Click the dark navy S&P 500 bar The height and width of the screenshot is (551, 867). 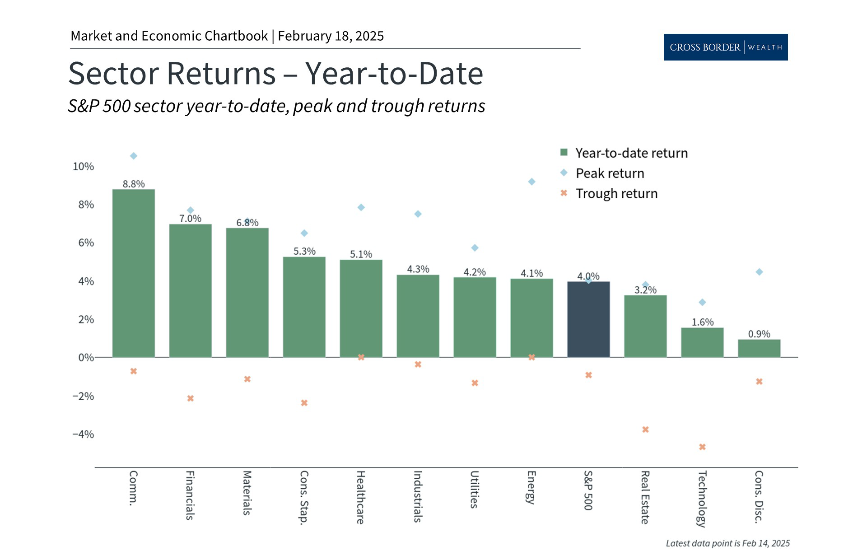click(588, 319)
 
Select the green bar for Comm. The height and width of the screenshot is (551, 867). click(133, 273)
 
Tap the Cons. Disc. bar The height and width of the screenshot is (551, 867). click(759, 348)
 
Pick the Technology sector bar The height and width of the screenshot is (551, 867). click(702, 342)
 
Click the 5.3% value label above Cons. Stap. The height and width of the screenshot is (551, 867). click(304, 251)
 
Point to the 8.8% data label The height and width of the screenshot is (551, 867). click(134, 184)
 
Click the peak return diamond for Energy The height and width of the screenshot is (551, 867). click(532, 182)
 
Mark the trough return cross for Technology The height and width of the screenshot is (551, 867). click(702, 447)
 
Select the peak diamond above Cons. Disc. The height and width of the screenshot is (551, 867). click(759, 272)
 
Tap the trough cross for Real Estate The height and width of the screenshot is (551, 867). click(645, 430)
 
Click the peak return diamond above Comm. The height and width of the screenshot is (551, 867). click(134, 156)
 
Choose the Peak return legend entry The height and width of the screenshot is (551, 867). click(610, 173)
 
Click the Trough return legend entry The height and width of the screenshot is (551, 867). click(616, 193)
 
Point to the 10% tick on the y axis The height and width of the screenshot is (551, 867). click(84, 167)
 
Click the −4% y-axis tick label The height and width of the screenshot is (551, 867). click(84, 434)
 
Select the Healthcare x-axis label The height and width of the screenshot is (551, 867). click(360, 497)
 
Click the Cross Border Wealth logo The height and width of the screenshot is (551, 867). click(726, 47)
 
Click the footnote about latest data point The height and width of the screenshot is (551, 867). click(727, 543)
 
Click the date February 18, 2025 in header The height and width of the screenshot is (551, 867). click(331, 36)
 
